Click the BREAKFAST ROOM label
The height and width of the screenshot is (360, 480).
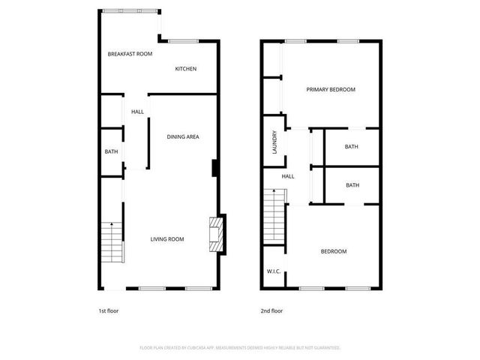pyautogui.click(x=130, y=54)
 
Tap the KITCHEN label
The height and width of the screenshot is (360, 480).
pyautogui.click(x=186, y=69)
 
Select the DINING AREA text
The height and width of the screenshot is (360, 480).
pyautogui.click(x=183, y=136)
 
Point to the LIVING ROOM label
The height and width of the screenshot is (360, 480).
pyautogui.click(x=167, y=239)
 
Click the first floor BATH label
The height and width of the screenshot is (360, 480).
pyautogui.click(x=111, y=152)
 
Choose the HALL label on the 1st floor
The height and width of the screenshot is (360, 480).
pyautogui.click(x=137, y=112)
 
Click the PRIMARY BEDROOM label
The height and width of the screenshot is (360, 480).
pyautogui.click(x=331, y=89)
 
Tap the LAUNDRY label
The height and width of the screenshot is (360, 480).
pyautogui.click(x=274, y=142)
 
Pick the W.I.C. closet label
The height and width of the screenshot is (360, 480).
pyautogui.click(x=274, y=271)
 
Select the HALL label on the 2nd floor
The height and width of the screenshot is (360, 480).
pyautogui.click(x=288, y=176)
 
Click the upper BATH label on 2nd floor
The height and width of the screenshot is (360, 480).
pyautogui.click(x=352, y=146)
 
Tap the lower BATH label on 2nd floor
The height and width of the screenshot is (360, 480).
pyautogui.click(x=352, y=185)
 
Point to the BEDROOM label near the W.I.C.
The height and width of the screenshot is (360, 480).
pyautogui.click(x=334, y=251)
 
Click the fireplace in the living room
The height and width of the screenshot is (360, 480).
pyautogui.click(x=216, y=234)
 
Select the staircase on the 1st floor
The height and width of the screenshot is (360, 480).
pyautogui.click(x=111, y=242)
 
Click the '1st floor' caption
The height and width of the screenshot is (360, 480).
pyautogui.click(x=109, y=310)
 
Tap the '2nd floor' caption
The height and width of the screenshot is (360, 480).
pyautogui.click(x=272, y=310)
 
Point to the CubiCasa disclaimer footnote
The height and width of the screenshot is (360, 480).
pyautogui.click(x=240, y=348)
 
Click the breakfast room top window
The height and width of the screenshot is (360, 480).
pyautogui.click(x=130, y=10)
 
